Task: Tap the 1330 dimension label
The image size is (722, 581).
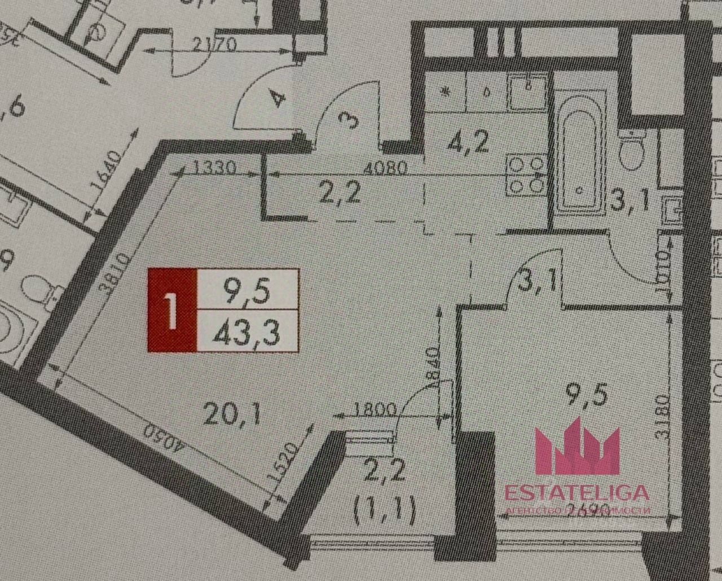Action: (x=213, y=168)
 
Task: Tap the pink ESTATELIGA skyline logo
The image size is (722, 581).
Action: (x=577, y=446)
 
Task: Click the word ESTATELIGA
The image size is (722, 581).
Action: (x=576, y=492)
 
